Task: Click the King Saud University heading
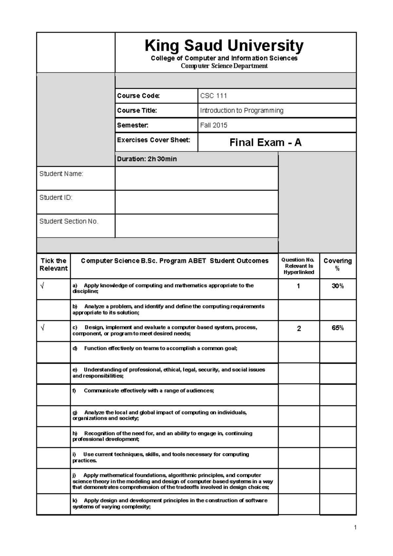[x=224, y=46]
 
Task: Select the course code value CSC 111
[x=214, y=96]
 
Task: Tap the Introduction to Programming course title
[x=242, y=111]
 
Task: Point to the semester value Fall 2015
[x=214, y=125]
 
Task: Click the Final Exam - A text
[x=265, y=143]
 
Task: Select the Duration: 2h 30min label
[x=147, y=159]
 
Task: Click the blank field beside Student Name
[x=196, y=178]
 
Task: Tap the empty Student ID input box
[x=196, y=202]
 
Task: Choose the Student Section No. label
[x=69, y=221]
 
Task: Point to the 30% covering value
[x=338, y=286]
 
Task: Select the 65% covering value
[x=338, y=328]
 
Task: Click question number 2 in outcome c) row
[x=299, y=329]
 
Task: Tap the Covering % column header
[x=338, y=265]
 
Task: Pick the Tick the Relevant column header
[x=53, y=265]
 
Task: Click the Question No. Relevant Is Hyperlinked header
[x=299, y=266]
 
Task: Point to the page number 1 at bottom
[x=355, y=528]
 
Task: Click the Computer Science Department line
[x=224, y=66]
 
